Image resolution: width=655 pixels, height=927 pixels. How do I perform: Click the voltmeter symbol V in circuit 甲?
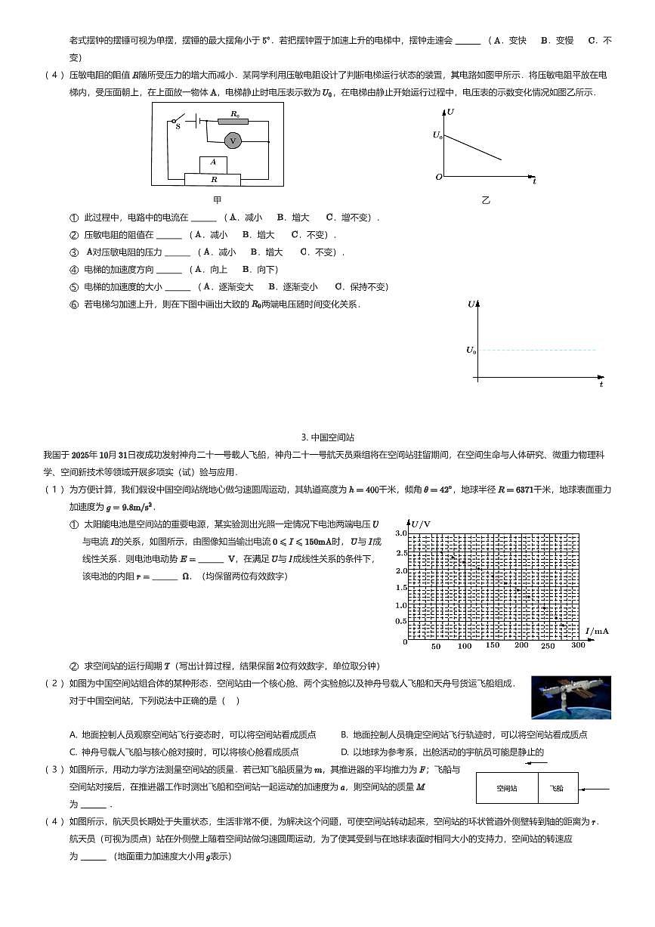pos(233,141)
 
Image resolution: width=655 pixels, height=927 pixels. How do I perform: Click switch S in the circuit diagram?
pos(178,122)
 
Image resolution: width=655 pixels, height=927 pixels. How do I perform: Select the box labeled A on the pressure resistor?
pos(213,163)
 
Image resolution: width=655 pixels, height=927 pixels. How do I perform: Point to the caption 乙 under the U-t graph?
pos(486,201)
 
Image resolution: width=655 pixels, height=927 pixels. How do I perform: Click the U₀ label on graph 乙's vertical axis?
pos(437,135)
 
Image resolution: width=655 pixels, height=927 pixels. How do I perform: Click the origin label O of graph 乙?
pos(438,178)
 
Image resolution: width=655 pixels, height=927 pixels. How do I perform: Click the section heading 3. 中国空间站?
pos(327,437)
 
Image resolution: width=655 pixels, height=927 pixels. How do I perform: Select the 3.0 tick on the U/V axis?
pos(401,533)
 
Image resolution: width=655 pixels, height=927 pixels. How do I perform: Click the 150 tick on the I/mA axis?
pos(493,645)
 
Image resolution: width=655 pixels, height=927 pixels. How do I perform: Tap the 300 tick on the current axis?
pos(578,645)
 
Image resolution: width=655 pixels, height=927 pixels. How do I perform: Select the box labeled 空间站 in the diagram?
pos(506,788)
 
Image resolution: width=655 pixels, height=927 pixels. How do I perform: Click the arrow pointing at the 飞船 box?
pos(597,789)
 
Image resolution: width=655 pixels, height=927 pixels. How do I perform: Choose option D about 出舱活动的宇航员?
pos(442,752)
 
